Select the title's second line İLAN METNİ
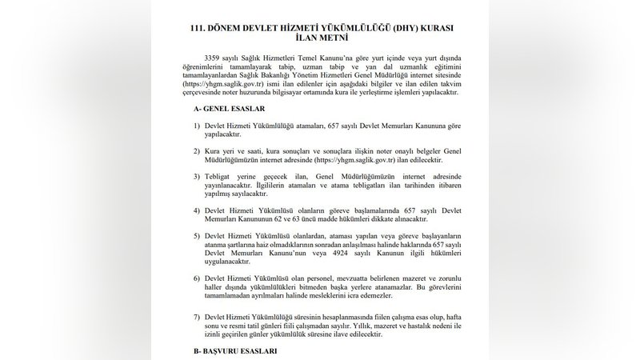[x=319, y=37]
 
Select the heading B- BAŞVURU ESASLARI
[x=237, y=351]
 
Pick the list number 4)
[x=197, y=210]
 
